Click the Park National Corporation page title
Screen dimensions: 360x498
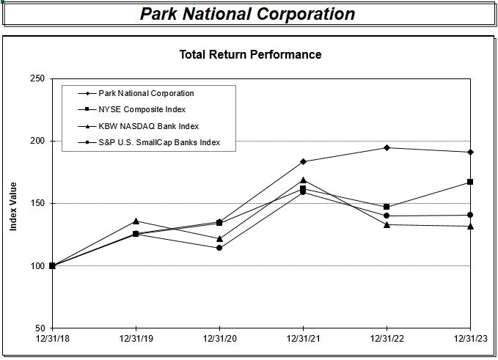(x=247, y=14)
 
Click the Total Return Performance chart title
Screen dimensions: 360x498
(x=250, y=54)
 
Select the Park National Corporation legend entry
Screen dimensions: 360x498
(x=146, y=93)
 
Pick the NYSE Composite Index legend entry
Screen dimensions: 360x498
(x=142, y=110)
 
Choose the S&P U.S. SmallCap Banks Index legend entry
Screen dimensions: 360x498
(x=158, y=142)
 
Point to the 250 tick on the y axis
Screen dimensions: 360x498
(x=37, y=78)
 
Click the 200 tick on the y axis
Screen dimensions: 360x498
(x=37, y=141)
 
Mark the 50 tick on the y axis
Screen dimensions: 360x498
(x=40, y=328)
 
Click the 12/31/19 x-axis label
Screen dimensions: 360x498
(x=136, y=339)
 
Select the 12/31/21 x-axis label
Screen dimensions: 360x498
(x=303, y=339)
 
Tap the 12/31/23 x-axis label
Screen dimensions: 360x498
(x=470, y=339)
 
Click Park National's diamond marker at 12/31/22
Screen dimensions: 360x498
(x=387, y=147)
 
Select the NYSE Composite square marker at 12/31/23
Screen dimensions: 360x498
(x=470, y=182)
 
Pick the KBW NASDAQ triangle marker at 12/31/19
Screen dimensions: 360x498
(x=136, y=221)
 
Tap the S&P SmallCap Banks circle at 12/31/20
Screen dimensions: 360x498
(x=219, y=248)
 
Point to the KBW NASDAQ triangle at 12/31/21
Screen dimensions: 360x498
(x=303, y=180)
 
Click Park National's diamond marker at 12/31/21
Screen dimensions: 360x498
(x=303, y=161)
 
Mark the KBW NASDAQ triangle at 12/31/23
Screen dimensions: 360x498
(x=470, y=226)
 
